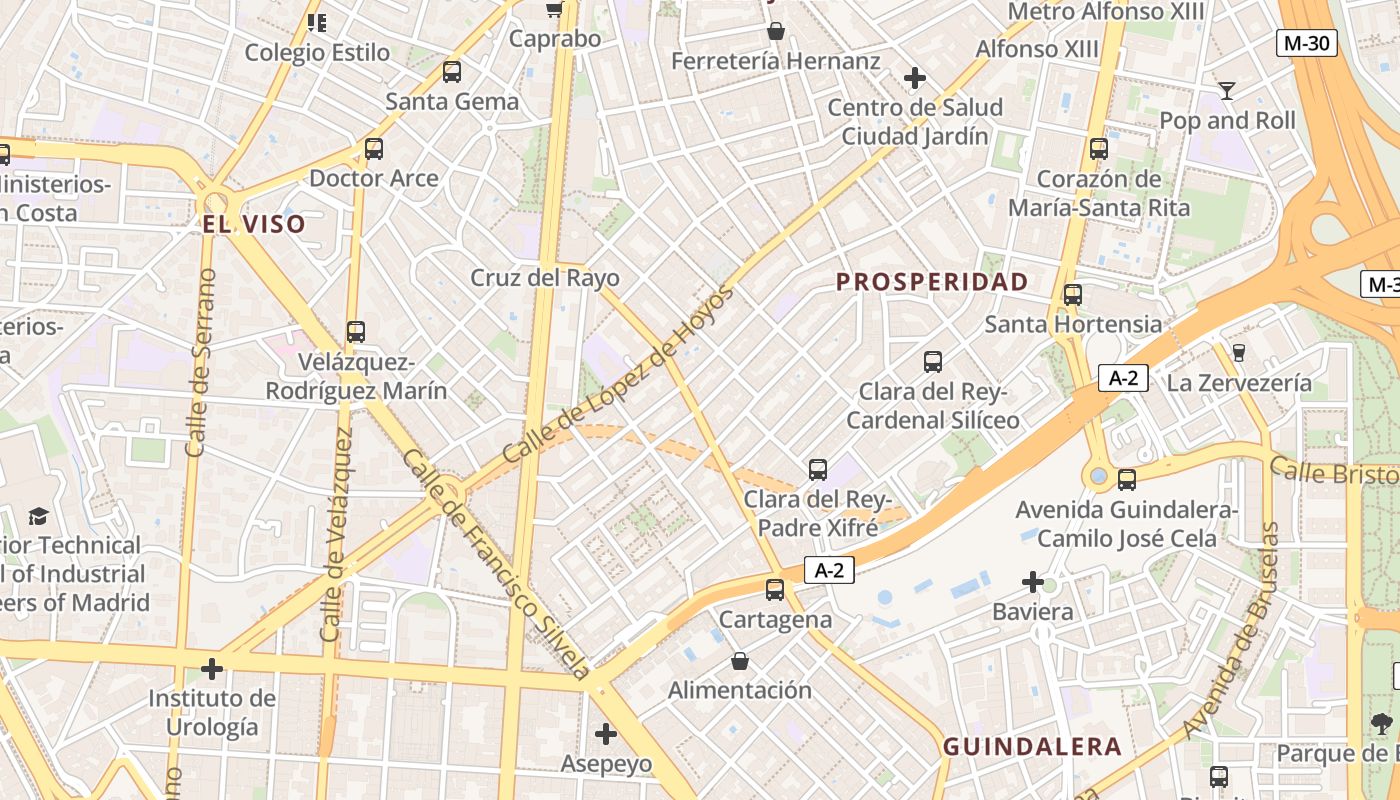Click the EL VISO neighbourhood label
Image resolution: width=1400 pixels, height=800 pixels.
[254, 224]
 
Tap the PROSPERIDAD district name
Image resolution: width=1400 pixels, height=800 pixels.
[932, 282]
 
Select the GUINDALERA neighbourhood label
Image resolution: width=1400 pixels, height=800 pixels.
[1032, 746]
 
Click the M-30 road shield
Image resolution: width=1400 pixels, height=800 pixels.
[1307, 43]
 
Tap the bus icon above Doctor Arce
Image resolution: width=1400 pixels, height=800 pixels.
[374, 149]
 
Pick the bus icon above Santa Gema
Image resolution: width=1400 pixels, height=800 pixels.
[452, 72]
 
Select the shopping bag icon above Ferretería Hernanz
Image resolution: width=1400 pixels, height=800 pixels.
[775, 32]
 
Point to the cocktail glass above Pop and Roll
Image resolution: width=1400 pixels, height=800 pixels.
[1227, 91]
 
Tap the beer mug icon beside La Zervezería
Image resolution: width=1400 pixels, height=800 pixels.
[1239, 352]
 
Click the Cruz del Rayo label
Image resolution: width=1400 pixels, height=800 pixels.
[545, 278]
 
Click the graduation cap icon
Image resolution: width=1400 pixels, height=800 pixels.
[38, 516]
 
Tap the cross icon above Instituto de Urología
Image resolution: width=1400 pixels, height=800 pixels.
[212, 668]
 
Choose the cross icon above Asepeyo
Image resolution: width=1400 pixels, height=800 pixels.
[605, 734]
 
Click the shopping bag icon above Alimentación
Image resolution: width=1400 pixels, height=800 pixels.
[740, 661]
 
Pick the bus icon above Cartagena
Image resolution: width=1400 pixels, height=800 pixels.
[775, 590]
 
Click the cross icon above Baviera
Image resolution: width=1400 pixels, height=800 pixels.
[1033, 582]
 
